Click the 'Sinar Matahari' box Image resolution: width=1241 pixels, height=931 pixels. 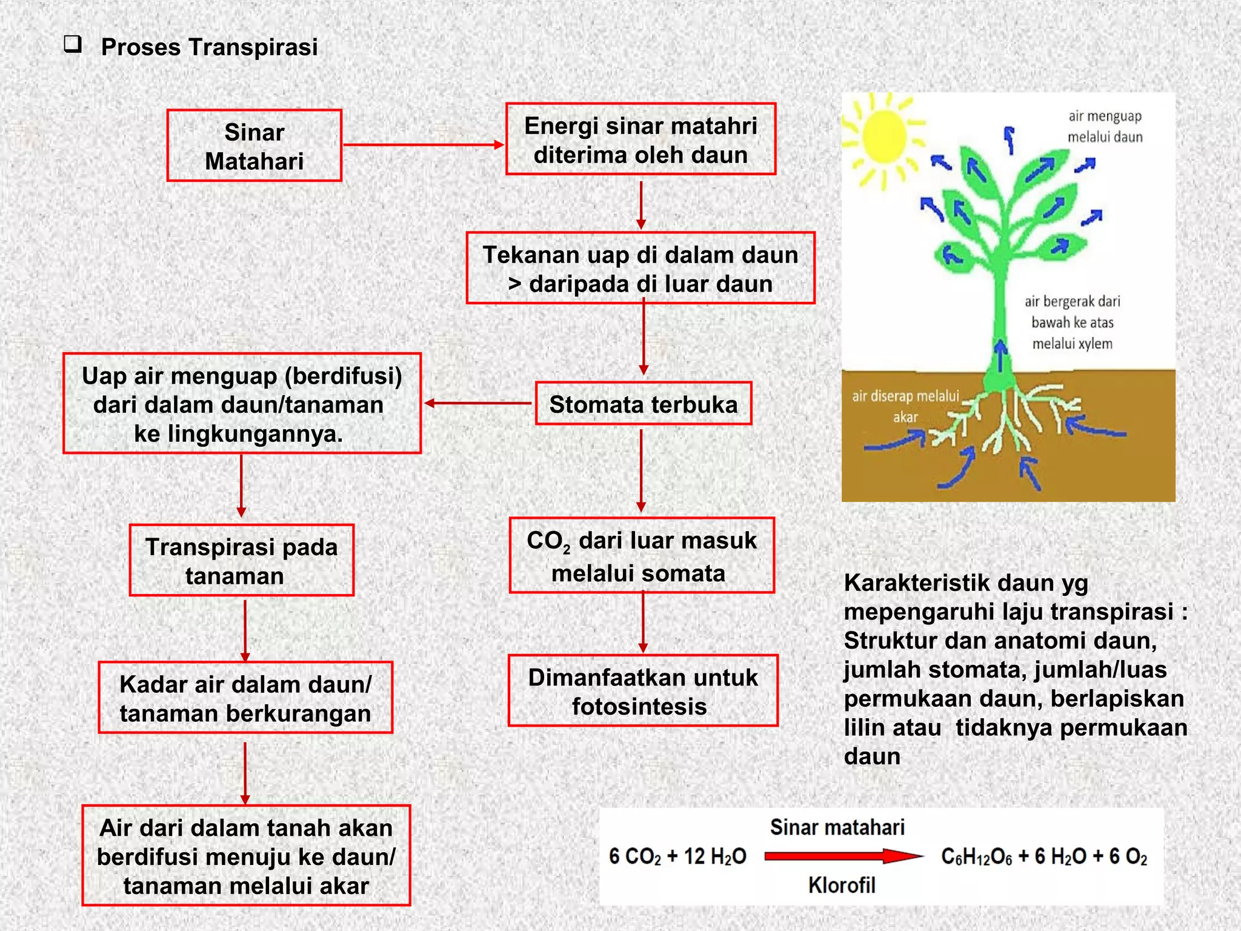(255, 146)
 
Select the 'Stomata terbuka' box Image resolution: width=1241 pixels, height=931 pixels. (643, 404)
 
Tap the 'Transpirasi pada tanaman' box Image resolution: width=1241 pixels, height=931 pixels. (241, 561)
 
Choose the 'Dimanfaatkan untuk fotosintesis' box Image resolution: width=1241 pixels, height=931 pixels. (642, 691)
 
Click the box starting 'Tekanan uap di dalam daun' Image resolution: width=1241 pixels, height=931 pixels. (640, 269)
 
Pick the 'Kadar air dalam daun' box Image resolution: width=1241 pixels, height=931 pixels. (245, 698)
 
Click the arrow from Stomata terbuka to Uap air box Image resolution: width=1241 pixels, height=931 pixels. (479, 403)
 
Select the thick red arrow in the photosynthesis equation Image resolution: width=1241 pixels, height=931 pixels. (842, 856)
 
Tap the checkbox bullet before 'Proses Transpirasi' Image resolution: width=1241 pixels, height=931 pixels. (73, 45)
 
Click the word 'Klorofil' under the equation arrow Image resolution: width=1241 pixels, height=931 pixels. (842, 886)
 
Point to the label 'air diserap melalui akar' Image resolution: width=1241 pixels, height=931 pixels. (905, 406)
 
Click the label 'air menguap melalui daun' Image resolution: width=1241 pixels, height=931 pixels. (1105, 126)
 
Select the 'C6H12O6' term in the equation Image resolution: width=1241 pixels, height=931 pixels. (976, 857)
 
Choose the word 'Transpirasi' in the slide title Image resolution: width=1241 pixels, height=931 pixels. (253, 47)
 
